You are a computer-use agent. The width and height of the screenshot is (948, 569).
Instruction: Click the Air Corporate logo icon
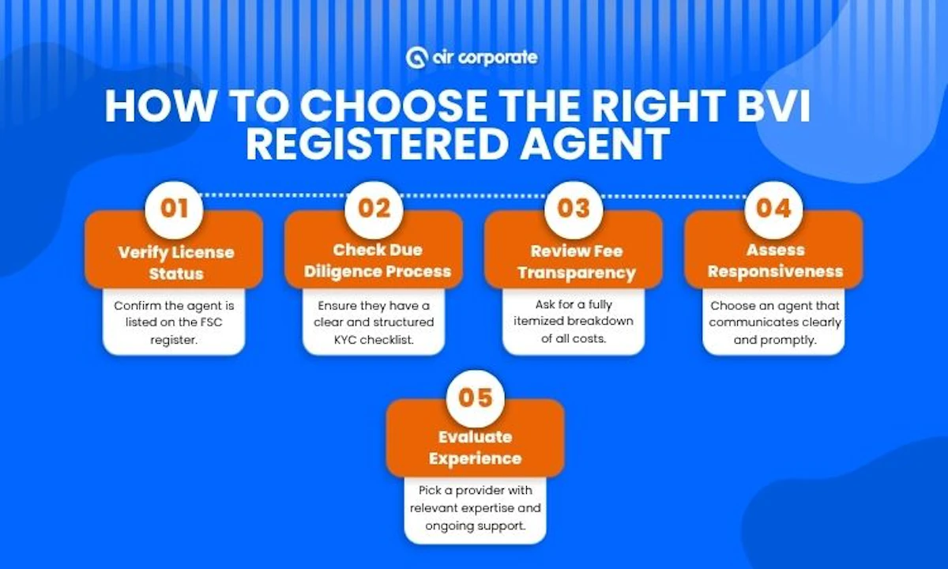(416, 58)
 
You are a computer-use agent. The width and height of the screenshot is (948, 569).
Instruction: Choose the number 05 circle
(475, 397)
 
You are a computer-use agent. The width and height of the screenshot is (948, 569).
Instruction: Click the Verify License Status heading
(176, 263)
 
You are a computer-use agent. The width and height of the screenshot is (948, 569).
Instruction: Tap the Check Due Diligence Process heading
(374, 261)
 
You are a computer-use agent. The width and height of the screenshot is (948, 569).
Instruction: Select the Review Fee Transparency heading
(574, 262)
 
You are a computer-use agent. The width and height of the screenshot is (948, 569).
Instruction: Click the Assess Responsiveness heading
(774, 261)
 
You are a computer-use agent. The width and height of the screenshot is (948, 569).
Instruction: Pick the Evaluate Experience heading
(476, 447)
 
